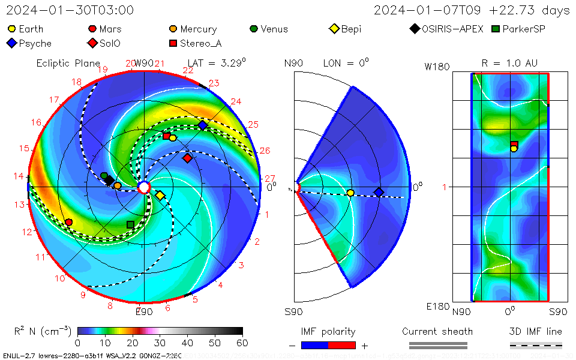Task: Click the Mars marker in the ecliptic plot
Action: [x=68, y=222]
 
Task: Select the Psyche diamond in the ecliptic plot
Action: [x=203, y=125]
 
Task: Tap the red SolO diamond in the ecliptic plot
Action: [x=187, y=158]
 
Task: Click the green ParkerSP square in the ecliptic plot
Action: [x=130, y=224]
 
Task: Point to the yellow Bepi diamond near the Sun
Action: [x=160, y=196]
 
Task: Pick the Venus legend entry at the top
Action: [x=269, y=29]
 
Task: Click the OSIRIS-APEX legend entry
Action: [x=447, y=29]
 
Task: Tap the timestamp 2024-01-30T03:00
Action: [x=70, y=10]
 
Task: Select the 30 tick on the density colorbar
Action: [x=160, y=343]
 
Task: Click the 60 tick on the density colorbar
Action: [x=242, y=343]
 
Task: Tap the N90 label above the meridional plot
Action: [x=294, y=62]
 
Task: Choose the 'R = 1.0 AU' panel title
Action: [x=509, y=63]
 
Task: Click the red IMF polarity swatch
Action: [x=342, y=345]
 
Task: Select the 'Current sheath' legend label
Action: [x=437, y=331]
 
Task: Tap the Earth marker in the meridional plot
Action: [x=350, y=193]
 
